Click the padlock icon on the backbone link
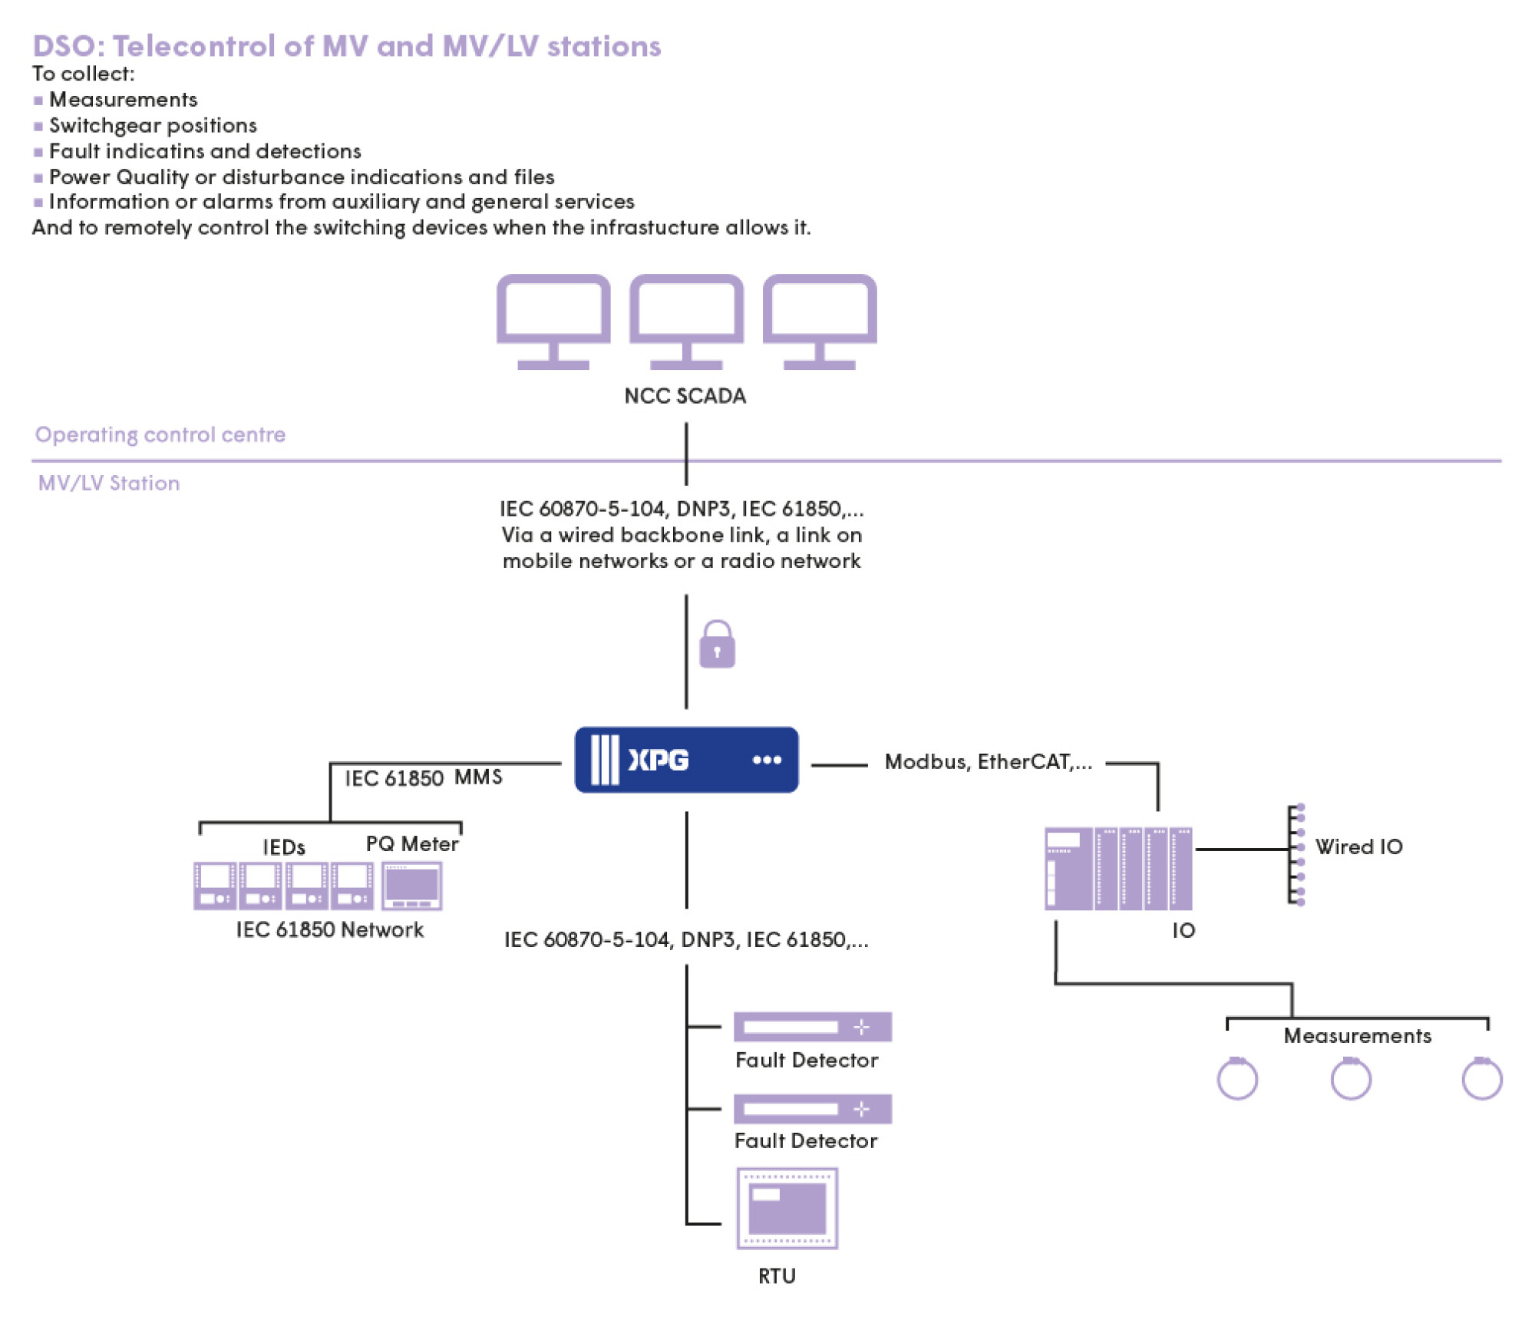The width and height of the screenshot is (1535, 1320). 717,645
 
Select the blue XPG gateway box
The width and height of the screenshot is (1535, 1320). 686,760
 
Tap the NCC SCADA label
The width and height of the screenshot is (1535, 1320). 685,396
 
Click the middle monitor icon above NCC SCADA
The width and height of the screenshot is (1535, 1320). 686,321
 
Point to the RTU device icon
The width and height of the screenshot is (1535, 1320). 787,1209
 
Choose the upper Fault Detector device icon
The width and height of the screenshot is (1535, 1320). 812,1027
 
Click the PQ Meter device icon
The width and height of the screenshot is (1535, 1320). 412,886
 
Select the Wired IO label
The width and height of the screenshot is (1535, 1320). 1358,846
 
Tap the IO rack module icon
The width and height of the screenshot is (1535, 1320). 1118,869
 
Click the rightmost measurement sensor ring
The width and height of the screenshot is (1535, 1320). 1481,1079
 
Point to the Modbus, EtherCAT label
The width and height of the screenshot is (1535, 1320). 988,762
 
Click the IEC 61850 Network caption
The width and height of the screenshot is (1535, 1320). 329,930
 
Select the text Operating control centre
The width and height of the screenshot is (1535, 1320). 160,434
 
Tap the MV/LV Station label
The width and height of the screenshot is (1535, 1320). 109,483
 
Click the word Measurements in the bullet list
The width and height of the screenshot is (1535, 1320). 123,100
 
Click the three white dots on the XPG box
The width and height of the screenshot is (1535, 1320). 767,760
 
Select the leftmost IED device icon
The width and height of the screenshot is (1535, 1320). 214,886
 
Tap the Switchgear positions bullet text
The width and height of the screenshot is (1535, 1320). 153,125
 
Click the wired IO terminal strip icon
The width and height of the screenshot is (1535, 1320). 1296,854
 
